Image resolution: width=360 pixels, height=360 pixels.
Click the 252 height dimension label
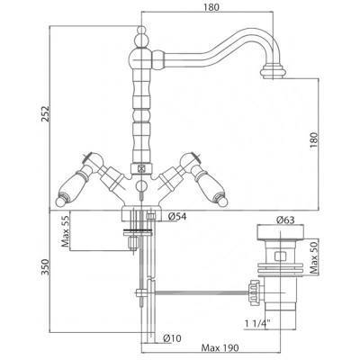46,113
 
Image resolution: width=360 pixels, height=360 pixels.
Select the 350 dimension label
46,267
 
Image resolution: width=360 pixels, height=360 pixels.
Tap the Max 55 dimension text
66,231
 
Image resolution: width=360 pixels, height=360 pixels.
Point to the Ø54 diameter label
177,216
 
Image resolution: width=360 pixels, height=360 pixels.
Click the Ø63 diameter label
285,220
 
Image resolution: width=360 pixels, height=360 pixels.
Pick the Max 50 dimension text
314,258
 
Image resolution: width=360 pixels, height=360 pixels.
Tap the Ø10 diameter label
172,338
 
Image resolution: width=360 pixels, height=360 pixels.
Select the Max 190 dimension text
220,348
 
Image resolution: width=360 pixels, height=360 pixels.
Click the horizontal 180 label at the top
211,7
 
